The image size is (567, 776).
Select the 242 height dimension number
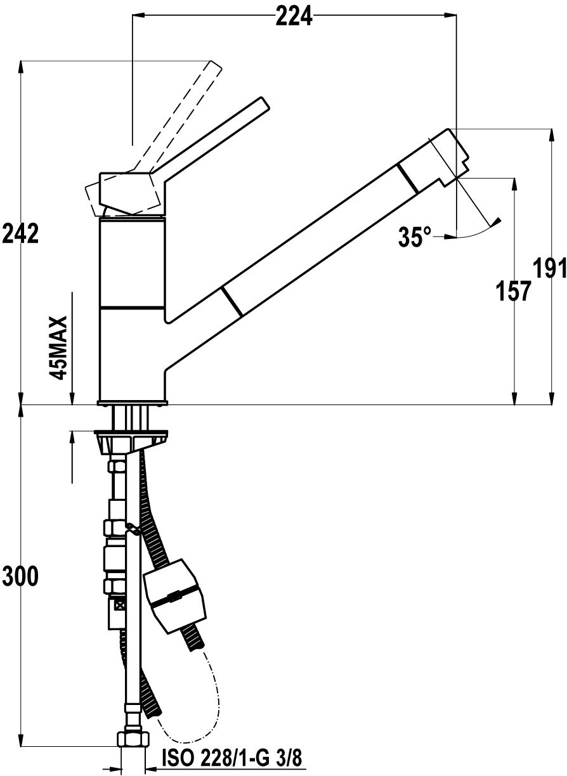pos(20,234)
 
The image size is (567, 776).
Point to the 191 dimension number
pos(550,268)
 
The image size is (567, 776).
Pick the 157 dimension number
pos(513,291)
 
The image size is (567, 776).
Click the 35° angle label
pos(415,236)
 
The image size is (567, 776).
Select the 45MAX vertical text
pos(58,349)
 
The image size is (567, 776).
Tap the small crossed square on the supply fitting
pos(120,606)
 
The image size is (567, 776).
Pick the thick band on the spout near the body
pos(232,301)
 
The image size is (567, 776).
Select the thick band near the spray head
pos(408,178)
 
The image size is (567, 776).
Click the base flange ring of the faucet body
pos(133,403)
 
